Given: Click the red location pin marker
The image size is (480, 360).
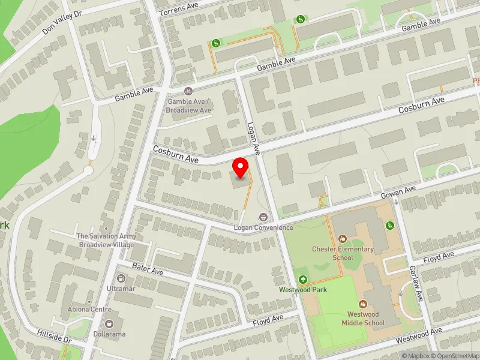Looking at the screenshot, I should [241, 168].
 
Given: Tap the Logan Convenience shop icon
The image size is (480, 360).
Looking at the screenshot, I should [263, 217].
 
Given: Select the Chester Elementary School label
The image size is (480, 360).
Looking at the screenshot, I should [343, 253].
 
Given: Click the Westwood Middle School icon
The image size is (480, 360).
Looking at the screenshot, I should [362, 304].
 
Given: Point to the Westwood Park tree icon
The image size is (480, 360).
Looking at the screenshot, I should [302, 279].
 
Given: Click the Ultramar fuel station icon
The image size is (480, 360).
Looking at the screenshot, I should [121, 278].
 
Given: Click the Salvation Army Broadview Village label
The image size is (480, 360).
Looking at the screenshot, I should [106, 240].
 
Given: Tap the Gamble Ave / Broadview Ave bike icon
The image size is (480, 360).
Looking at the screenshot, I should [188, 91].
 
